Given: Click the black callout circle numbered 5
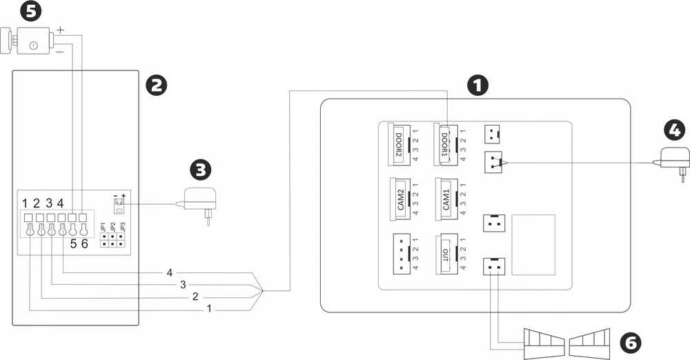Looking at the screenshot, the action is pyautogui.click(x=31, y=10).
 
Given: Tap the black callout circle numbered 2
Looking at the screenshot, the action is pyautogui.click(x=157, y=86).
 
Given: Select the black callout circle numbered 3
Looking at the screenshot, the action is pyautogui.click(x=200, y=170).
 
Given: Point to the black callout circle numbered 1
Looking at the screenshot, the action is pyautogui.click(x=477, y=86).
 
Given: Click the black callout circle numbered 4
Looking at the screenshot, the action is pyautogui.click(x=675, y=132).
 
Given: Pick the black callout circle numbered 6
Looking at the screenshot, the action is pyautogui.click(x=630, y=342).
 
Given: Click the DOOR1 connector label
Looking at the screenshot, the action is pyautogui.click(x=444, y=144).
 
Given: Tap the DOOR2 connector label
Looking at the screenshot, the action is pyautogui.click(x=399, y=144).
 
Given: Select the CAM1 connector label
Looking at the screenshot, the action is pyautogui.click(x=446, y=199).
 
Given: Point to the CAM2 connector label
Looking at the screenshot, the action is pyautogui.click(x=400, y=199).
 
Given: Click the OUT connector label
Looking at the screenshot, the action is pyautogui.click(x=445, y=255).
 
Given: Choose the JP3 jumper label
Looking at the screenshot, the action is pyautogui.click(x=123, y=227).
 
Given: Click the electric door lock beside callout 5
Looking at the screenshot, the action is pyautogui.click(x=28, y=41).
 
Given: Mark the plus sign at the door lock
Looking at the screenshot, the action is pyautogui.click(x=60, y=30).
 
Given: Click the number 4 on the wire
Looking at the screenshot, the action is pyautogui.click(x=170, y=273).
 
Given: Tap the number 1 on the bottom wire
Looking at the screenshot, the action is pyautogui.click(x=210, y=308).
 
